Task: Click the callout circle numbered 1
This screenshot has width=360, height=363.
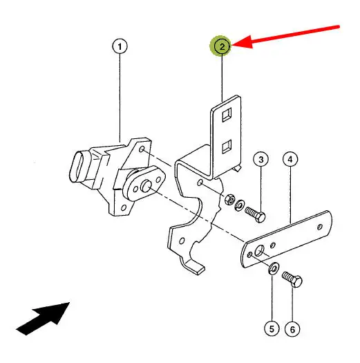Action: click(x=120, y=46)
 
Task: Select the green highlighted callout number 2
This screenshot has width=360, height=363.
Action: click(x=221, y=46)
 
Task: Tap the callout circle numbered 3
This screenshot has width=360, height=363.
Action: click(x=260, y=159)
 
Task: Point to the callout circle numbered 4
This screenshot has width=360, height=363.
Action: click(x=290, y=159)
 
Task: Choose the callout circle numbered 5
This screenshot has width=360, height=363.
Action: click(x=272, y=328)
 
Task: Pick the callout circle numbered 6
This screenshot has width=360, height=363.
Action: click(x=292, y=329)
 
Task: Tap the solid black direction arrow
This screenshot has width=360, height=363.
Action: click(x=44, y=318)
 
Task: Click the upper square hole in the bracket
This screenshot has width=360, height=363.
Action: click(x=227, y=115)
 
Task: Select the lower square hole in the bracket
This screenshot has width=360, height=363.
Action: click(x=227, y=147)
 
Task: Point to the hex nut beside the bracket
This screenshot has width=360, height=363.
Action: click(x=229, y=199)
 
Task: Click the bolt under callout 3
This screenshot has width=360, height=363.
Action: click(x=255, y=214)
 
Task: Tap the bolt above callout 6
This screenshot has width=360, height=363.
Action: click(x=292, y=279)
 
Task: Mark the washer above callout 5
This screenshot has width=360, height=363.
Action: click(x=274, y=268)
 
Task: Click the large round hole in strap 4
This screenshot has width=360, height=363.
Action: click(x=259, y=251)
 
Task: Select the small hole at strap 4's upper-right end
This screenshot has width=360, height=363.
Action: click(x=320, y=227)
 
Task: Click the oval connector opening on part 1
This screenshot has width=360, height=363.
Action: click(x=77, y=167)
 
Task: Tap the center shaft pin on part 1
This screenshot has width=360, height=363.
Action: click(x=146, y=186)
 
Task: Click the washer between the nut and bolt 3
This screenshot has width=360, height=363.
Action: click(x=238, y=205)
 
